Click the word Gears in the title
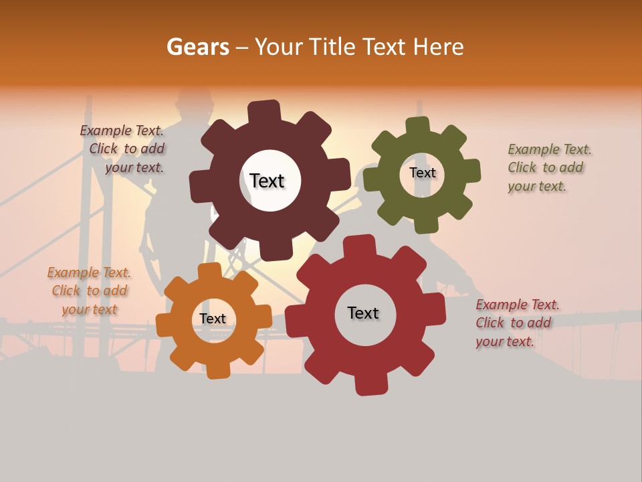[x=197, y=47]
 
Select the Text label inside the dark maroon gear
[x=267, y=181]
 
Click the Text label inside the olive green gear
[x=422, y=173]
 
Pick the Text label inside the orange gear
[x=213, y=319]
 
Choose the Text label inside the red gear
[x=363, y=313]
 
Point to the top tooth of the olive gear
[x=418, y=125]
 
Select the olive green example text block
[x=549, y=167]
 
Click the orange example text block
[x=89, y=291]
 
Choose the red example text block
[x=517, y=323]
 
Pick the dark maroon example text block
[x=124, y=149]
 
